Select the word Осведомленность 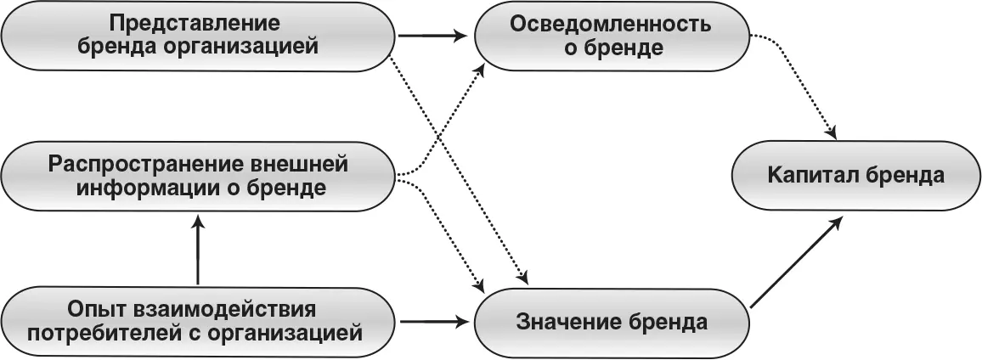[611, 23]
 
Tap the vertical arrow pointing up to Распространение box [197, 250]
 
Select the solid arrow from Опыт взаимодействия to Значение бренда [433, 322]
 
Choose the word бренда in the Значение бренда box [667, 323]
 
